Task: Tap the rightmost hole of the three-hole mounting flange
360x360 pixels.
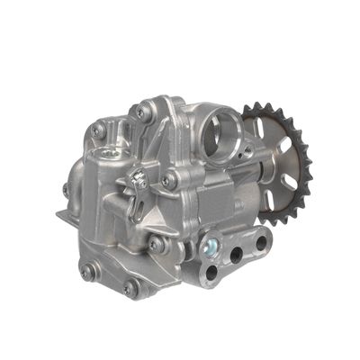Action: click(x=260, y=241)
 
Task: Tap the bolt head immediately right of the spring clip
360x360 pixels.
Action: click(x=168, y=181)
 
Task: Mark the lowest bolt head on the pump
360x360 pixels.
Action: click(x=131, y=289)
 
